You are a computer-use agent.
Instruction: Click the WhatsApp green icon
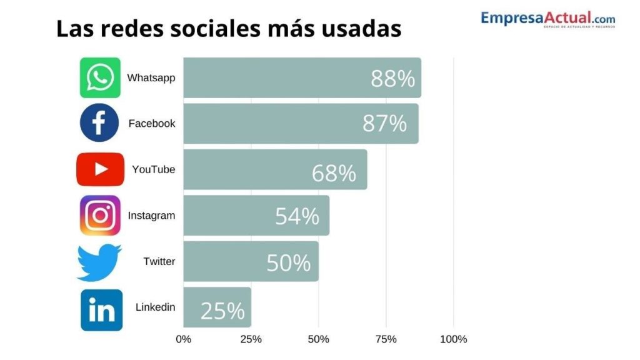click(x=100, y=78)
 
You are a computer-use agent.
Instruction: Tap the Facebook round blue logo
click(x=99, y=123)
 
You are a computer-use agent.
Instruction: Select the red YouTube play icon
click(x=100, y=169)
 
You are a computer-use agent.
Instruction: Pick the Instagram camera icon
click(x=100, y=216)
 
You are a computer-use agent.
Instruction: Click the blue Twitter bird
click(x=99, y=262)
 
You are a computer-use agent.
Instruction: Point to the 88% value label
click(x=392, y=79)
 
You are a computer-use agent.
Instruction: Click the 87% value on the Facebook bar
click(x=384, y=124)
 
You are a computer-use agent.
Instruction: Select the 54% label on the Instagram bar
click(x=297, y=216)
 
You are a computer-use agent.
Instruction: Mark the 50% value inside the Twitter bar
click(x=288, y=262)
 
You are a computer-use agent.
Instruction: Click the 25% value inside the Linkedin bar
click(x=222, y=311)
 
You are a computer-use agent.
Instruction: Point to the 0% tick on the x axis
click(x=183, y=339)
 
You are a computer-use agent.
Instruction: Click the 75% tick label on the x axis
click(x=386, y=339)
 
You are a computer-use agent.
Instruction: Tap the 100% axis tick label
click(x=454, y=339)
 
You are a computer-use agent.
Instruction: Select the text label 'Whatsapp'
click(x=151, y=78)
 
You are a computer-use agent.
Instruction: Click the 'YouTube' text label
click(x=154, y=169)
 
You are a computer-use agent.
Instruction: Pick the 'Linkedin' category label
click(x=155, y=307)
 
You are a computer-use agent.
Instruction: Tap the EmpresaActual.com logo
click(x=547, y=19)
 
